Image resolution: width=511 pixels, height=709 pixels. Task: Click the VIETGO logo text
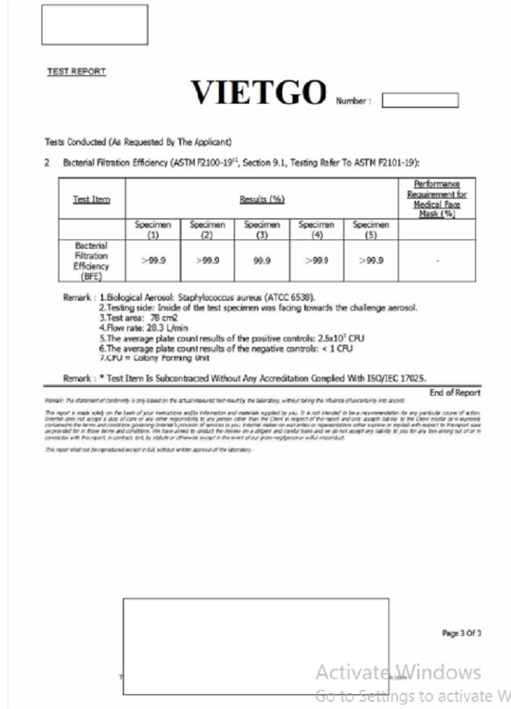point(258,93)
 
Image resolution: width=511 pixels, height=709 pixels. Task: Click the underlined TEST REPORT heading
point(77,72)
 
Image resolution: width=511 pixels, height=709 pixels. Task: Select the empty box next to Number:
point(420,100)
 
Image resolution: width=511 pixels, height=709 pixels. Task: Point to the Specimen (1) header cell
point(153,230)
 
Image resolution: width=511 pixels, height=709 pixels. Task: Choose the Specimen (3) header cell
point(262,230)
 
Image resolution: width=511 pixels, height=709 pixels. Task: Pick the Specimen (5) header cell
point(372,230)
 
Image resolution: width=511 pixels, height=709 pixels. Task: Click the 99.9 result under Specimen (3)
point(262,261)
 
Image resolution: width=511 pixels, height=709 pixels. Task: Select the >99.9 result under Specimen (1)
point(153,261)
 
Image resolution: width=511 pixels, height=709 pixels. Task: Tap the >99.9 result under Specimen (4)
point(316,261)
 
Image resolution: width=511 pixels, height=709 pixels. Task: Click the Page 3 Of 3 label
point(462,633)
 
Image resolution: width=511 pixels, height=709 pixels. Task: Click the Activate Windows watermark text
point(398,672)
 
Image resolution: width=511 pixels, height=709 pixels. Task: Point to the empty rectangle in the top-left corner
point(94,24)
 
